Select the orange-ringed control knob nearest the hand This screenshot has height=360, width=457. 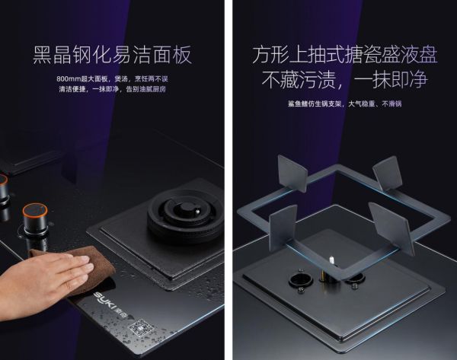[x=35, y=218]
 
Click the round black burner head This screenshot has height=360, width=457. [x=186, y=215]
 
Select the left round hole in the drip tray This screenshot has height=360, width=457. [x=301, y=279]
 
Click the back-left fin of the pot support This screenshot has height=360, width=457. [x=292, y=173]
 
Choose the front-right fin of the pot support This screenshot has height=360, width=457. [x=391, y=228]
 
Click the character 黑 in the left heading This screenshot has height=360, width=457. [x=42, y=55]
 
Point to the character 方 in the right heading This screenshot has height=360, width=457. [x=260, y=55]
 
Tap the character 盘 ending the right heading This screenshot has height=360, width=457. [x=428, y=55]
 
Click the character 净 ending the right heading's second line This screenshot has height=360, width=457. [x=418, y=79]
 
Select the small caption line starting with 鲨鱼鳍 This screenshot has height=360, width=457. [x=344, y=104]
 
